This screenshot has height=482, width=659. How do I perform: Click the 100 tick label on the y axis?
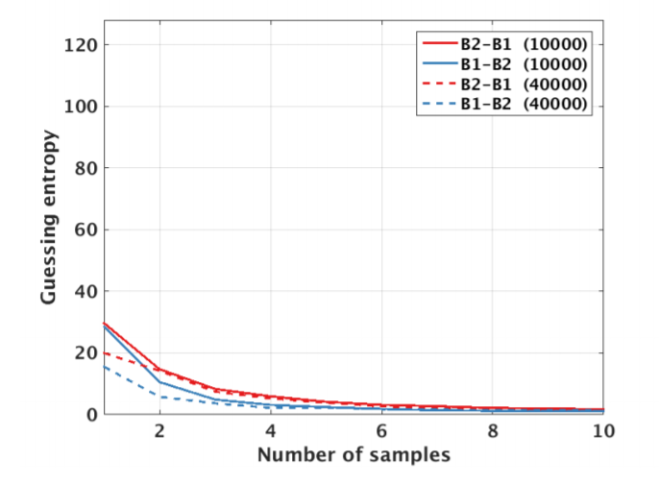pos(81,107)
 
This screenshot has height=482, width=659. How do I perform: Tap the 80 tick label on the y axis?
pos(85,168)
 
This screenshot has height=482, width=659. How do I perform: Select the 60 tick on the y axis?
pos(85,229)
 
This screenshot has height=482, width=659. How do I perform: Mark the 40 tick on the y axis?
pos(85,291)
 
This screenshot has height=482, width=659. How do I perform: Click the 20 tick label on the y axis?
pos(85,352)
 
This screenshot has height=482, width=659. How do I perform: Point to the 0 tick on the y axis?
pos(89,414)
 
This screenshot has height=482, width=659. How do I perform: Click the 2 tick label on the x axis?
pos(159,431)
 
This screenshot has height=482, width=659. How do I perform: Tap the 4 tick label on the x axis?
pos(271,431)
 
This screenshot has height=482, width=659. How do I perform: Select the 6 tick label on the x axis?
pos(382,431)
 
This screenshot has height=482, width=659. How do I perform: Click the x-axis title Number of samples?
pos(354,452)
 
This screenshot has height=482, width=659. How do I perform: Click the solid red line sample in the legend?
pos(438,43)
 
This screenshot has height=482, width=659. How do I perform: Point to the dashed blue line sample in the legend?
pos(438,104)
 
